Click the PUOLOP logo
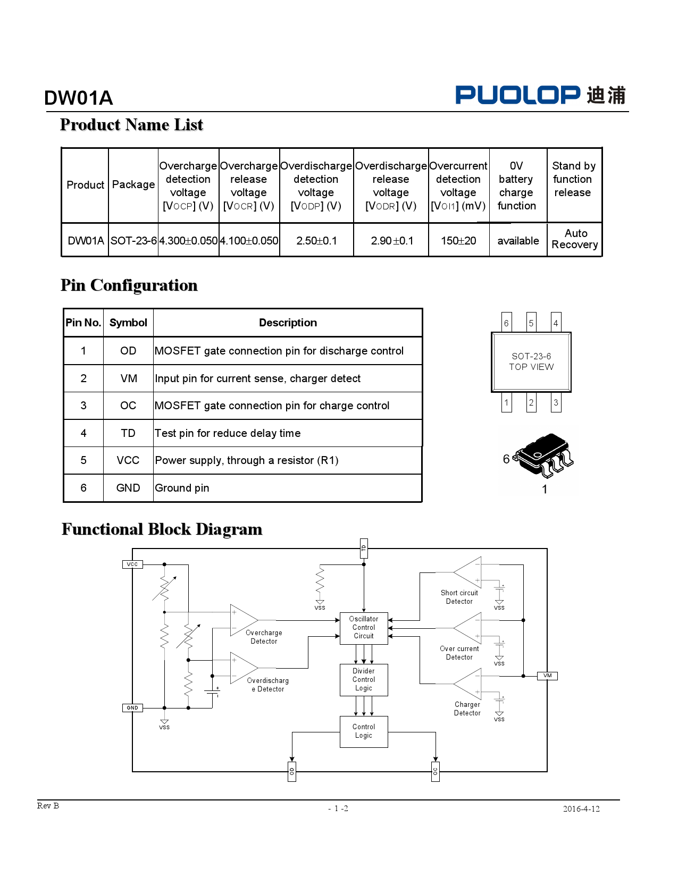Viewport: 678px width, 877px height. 540,95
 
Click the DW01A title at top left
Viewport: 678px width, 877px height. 78,98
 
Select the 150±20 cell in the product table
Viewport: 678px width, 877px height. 458,241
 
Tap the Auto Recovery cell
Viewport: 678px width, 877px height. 574,239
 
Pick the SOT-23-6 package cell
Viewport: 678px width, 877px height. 133,241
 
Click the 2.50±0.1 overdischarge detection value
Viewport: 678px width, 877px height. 316,241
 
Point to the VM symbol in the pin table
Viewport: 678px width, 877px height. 129,378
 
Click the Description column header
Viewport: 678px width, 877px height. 288,323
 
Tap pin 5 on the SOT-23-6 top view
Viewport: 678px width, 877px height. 531,323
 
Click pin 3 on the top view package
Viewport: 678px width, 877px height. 556,402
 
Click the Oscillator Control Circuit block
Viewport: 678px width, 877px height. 364,628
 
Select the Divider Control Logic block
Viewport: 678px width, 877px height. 364,680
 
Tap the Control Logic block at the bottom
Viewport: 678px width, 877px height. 364,731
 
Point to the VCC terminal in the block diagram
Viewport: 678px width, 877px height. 132,564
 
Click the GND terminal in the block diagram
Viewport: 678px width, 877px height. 132,708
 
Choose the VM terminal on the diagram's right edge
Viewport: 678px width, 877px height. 547,676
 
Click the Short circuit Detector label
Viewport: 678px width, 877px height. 459,597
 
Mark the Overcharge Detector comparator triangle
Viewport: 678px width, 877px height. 243,620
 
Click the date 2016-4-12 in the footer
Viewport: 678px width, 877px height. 581,809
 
